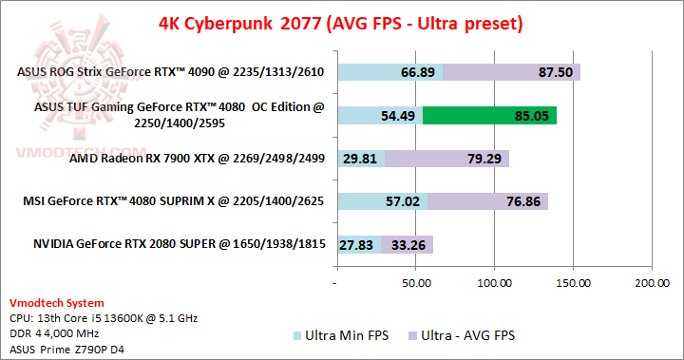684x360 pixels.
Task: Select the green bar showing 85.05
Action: coord(489,116)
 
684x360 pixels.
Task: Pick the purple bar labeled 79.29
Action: coord(446,159)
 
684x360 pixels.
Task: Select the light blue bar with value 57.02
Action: coord(382,201)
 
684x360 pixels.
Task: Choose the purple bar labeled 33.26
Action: coord(408,244)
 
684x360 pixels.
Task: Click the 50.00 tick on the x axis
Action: coord(416,283)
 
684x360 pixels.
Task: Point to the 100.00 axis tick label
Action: coord(494,283)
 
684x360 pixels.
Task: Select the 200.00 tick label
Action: coord(651,283)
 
